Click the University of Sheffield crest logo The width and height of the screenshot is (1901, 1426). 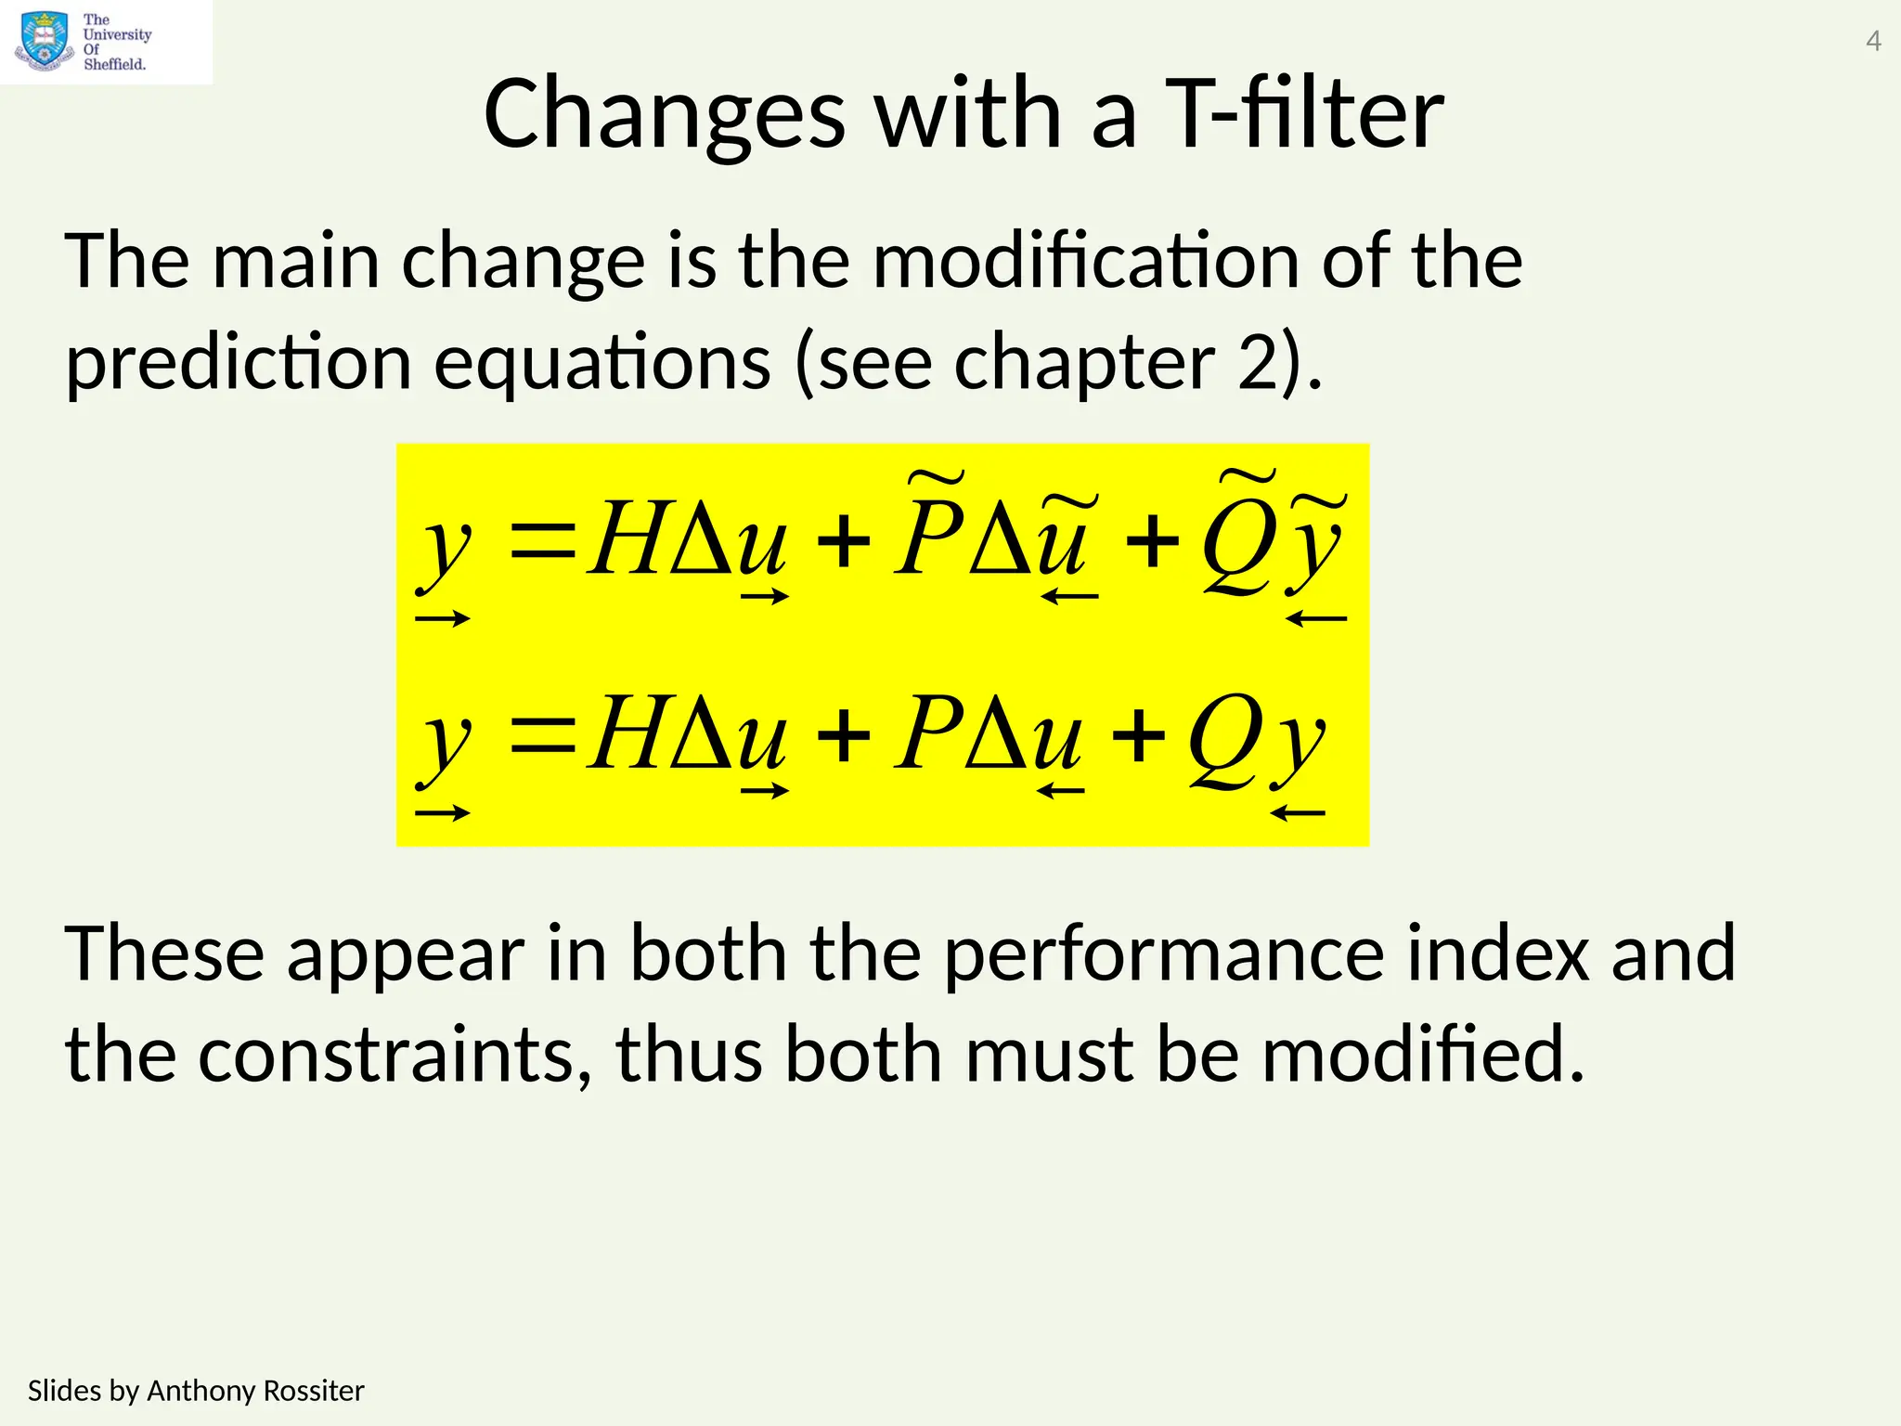point(44,42)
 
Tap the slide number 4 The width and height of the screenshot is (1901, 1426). point(1873,42)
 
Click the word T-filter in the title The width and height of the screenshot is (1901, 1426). point(1303,114)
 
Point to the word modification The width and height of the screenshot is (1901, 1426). point(1086,262)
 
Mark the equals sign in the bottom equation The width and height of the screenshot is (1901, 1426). point(544,734)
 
